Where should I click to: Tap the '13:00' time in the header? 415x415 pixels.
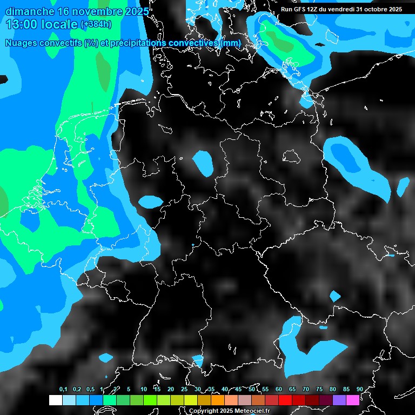tap(21, 24)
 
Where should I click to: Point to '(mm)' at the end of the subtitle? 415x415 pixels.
tap(231, 43)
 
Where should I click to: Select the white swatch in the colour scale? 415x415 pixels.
tap(55, 400)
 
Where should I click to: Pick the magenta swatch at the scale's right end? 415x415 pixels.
tap(353, 400)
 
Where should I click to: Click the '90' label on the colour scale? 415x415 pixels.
tap(359, 389)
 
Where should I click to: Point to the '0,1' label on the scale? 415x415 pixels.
tap(63, 389)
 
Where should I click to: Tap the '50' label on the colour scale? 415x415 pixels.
tap(252, 389)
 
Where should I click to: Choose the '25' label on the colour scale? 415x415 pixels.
tap(184, 389)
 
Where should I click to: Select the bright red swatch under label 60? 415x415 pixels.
tap(285, 400)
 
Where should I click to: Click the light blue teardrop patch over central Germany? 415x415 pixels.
tap(204, 163)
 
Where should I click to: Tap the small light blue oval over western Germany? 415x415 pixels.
tap(150, 202)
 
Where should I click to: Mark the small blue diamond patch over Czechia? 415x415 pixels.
tap(335, 296)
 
